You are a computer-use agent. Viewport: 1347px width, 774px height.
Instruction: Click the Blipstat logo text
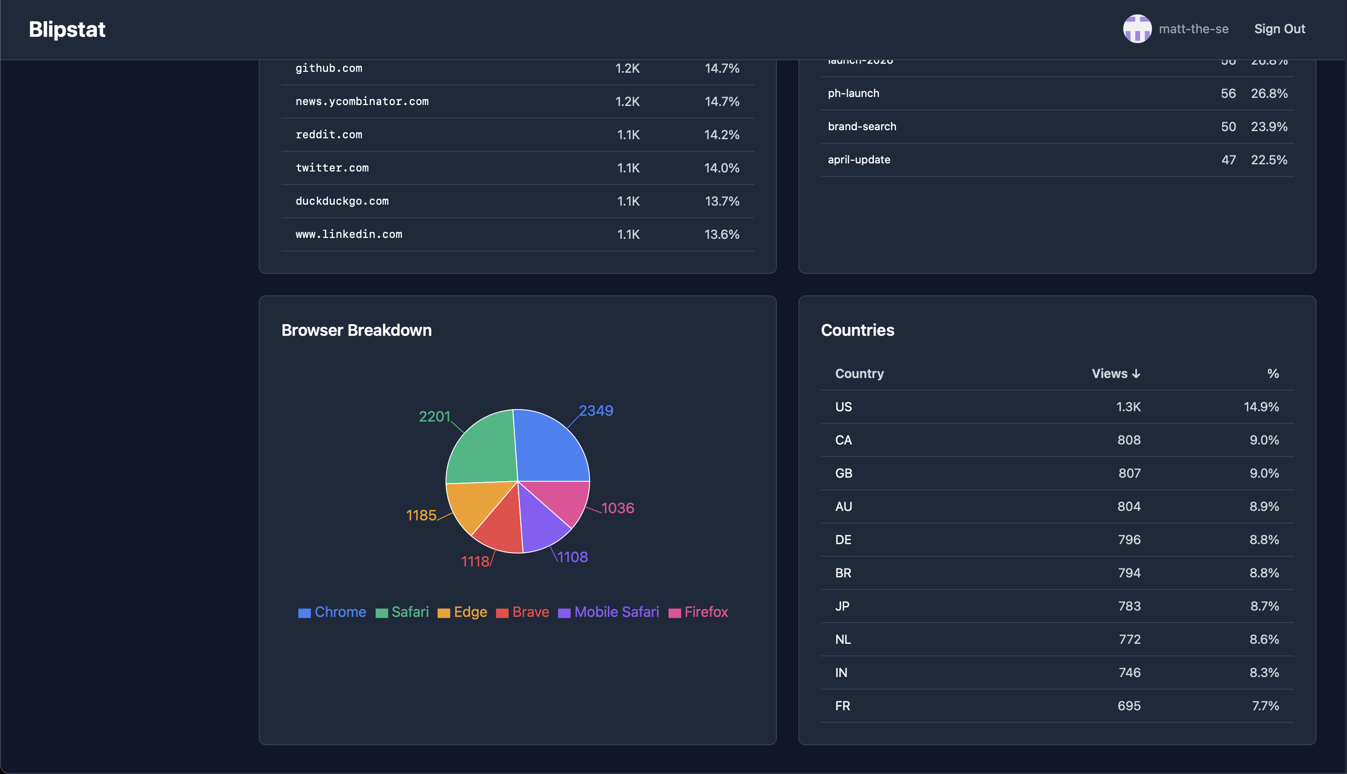[67, 29]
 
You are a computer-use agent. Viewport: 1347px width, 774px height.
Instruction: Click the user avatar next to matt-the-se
[1137, 29]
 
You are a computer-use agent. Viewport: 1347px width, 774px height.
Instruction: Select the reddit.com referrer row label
[329, 135]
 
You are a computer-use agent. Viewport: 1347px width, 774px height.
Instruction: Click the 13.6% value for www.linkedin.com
[722, 234]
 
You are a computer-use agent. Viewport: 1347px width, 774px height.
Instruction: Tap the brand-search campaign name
[862, 127]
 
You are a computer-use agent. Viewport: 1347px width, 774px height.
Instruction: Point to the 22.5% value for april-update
[1269, 160]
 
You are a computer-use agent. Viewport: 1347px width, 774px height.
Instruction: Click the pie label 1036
[618, 508]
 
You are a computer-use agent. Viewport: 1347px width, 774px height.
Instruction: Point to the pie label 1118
[474, 561]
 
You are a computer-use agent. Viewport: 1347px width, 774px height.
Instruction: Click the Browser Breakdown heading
[356, 330]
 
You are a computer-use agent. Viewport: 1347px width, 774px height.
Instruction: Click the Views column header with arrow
[1116, 374]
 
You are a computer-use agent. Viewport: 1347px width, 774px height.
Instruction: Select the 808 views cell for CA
[1128, 440]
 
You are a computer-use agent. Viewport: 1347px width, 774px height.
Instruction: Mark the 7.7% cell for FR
[1265, 706]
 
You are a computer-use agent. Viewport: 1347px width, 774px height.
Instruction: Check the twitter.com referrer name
[332, 168]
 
